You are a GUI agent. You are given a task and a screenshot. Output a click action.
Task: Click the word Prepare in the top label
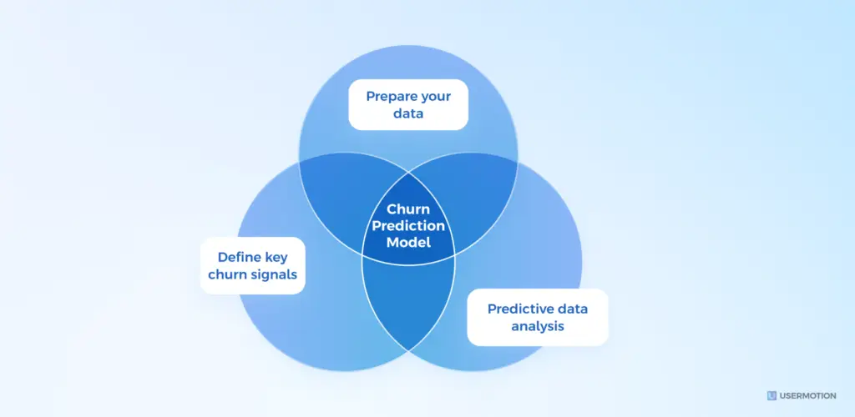point(389,96)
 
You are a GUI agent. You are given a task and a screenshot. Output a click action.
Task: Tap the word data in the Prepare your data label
point(408,113)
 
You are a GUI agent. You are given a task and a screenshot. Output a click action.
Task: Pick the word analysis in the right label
point(539,325)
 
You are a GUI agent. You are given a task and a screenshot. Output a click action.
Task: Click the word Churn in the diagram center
point(408,210)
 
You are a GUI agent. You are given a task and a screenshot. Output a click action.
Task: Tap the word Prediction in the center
point(408,226)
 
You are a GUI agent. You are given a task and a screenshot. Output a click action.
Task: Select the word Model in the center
point(408,243)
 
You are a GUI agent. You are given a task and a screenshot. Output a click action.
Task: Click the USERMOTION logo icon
point(772,395)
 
